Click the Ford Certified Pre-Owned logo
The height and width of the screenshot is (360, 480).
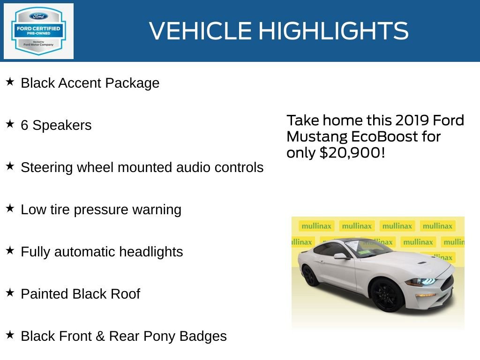[38, 31]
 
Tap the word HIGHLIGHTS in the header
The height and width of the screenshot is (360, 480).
[333, 31]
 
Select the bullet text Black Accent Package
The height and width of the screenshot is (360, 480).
[90, 83]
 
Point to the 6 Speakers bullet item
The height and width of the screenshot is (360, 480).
[56, 125]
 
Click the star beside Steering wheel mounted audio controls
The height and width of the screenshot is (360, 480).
[10, 166]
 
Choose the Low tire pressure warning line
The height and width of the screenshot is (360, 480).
[101, 210]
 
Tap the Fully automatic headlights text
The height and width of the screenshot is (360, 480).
[102, 252]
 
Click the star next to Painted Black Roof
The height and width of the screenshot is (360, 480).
[10, 293]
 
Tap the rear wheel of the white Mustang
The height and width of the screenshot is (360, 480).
[310, 275]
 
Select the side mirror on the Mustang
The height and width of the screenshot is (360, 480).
[341, 256]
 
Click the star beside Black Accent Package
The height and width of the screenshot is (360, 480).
[10, 82]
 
